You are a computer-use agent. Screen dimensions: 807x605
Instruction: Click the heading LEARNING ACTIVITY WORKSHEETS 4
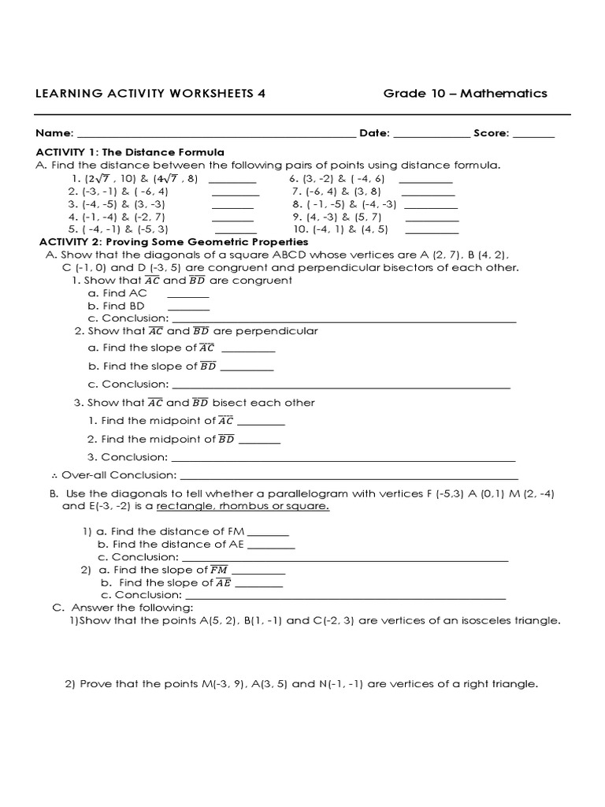point(150,93)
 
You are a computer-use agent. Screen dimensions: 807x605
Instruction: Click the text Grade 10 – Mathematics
point(465,93)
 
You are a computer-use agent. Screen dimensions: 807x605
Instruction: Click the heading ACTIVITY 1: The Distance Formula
point(130,152)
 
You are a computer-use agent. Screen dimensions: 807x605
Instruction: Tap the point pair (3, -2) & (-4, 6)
point(337,179)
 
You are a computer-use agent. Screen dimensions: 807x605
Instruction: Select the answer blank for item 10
point(431,232)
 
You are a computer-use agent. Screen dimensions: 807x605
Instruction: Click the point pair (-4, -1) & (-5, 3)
point(119,229)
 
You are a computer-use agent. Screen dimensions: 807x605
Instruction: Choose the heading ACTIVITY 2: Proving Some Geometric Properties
point(174,242)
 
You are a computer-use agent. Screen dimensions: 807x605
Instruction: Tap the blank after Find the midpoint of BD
point(259,442)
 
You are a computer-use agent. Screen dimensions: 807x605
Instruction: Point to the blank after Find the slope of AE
point(259,586)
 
